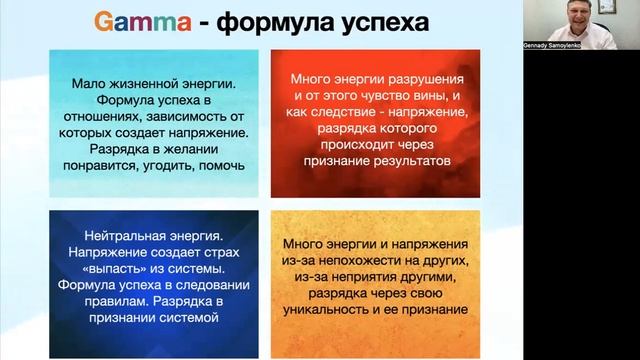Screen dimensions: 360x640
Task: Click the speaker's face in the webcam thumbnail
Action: coord(583,16)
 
